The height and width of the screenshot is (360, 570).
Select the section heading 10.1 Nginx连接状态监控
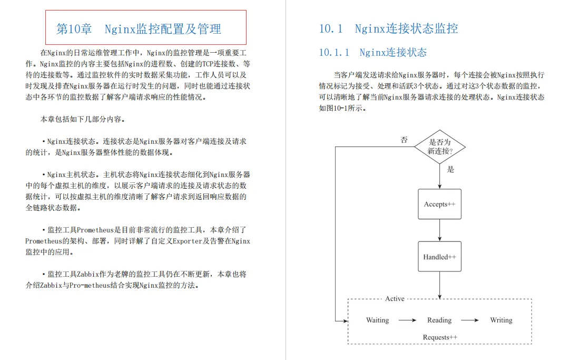click(388, 28)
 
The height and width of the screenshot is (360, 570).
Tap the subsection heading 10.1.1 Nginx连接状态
click(372, 52)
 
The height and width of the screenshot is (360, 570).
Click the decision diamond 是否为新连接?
click(440, 147)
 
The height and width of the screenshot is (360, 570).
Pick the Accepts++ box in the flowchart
click(439, 204)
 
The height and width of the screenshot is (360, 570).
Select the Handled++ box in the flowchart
click(439, 257)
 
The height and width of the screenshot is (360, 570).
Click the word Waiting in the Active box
click(377, 320)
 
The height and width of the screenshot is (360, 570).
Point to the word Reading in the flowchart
click(439, 320)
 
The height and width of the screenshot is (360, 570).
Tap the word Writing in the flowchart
click(501, 320)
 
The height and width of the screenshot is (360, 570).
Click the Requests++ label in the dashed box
click(440, 337)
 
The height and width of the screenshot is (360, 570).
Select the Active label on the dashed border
click(395, 299)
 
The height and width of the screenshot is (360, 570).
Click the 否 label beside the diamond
click(404, 140)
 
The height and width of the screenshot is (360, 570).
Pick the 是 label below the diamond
click(450, 170)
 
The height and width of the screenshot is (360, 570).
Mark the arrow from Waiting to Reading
click(407, 320)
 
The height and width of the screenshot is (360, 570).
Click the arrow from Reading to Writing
click(469, 320)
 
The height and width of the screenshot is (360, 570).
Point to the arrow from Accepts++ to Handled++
click(440, 230)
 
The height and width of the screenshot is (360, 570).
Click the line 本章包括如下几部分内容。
click(83, 119)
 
